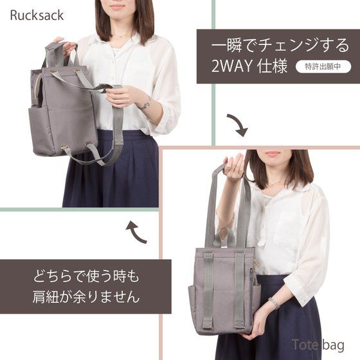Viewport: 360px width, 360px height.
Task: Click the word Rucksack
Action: click(37, 15)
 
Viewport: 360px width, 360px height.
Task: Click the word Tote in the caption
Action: click(305, 345)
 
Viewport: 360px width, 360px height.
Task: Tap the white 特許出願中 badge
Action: click(323, 67)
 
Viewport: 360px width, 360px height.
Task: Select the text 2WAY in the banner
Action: click(231, 66)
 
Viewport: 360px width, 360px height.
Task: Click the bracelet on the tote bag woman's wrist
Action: click(274, 303)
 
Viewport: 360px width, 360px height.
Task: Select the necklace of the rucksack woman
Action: click(125, 35)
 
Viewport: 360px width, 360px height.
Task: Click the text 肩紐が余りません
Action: click(86, 296)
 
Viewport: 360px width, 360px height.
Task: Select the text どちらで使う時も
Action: click(86, 276)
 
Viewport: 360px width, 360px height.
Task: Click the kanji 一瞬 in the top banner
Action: click(226, 45)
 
